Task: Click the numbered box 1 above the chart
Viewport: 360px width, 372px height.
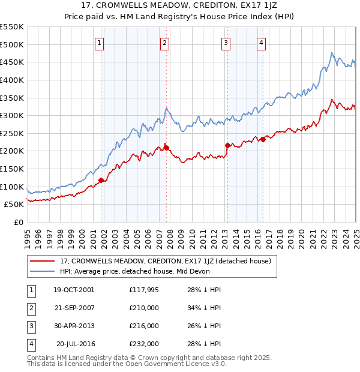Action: [x=100, y=42]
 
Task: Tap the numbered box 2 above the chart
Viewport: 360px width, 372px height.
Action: [x=164, y=42]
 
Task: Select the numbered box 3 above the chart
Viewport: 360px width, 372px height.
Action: [x=226, y=42]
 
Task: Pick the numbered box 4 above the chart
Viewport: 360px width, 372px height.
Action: [x=262, y=42]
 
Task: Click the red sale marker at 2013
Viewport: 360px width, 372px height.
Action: [x=227, y=145]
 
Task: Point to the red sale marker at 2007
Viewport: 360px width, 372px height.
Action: [x=166, y=147]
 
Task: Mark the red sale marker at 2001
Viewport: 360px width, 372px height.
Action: [x=101, y=180]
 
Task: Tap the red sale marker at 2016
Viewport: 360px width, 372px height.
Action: [x=263, y=139]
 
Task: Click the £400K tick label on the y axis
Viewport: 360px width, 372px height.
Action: [x=11, y=80]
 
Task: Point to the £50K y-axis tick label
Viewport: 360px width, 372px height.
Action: [x=14, y=205]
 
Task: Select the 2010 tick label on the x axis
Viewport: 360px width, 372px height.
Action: [x=192, y=234]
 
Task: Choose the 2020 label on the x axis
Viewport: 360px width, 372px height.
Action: [x=302, y=234]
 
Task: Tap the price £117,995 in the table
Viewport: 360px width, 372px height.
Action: [x=144, y=290]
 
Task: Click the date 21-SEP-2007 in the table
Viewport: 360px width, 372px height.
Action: [x=74, y=308]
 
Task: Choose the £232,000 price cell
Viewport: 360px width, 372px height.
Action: [x=144, y=344]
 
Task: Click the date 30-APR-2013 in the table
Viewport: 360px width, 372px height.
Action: [x=74, y=326]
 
